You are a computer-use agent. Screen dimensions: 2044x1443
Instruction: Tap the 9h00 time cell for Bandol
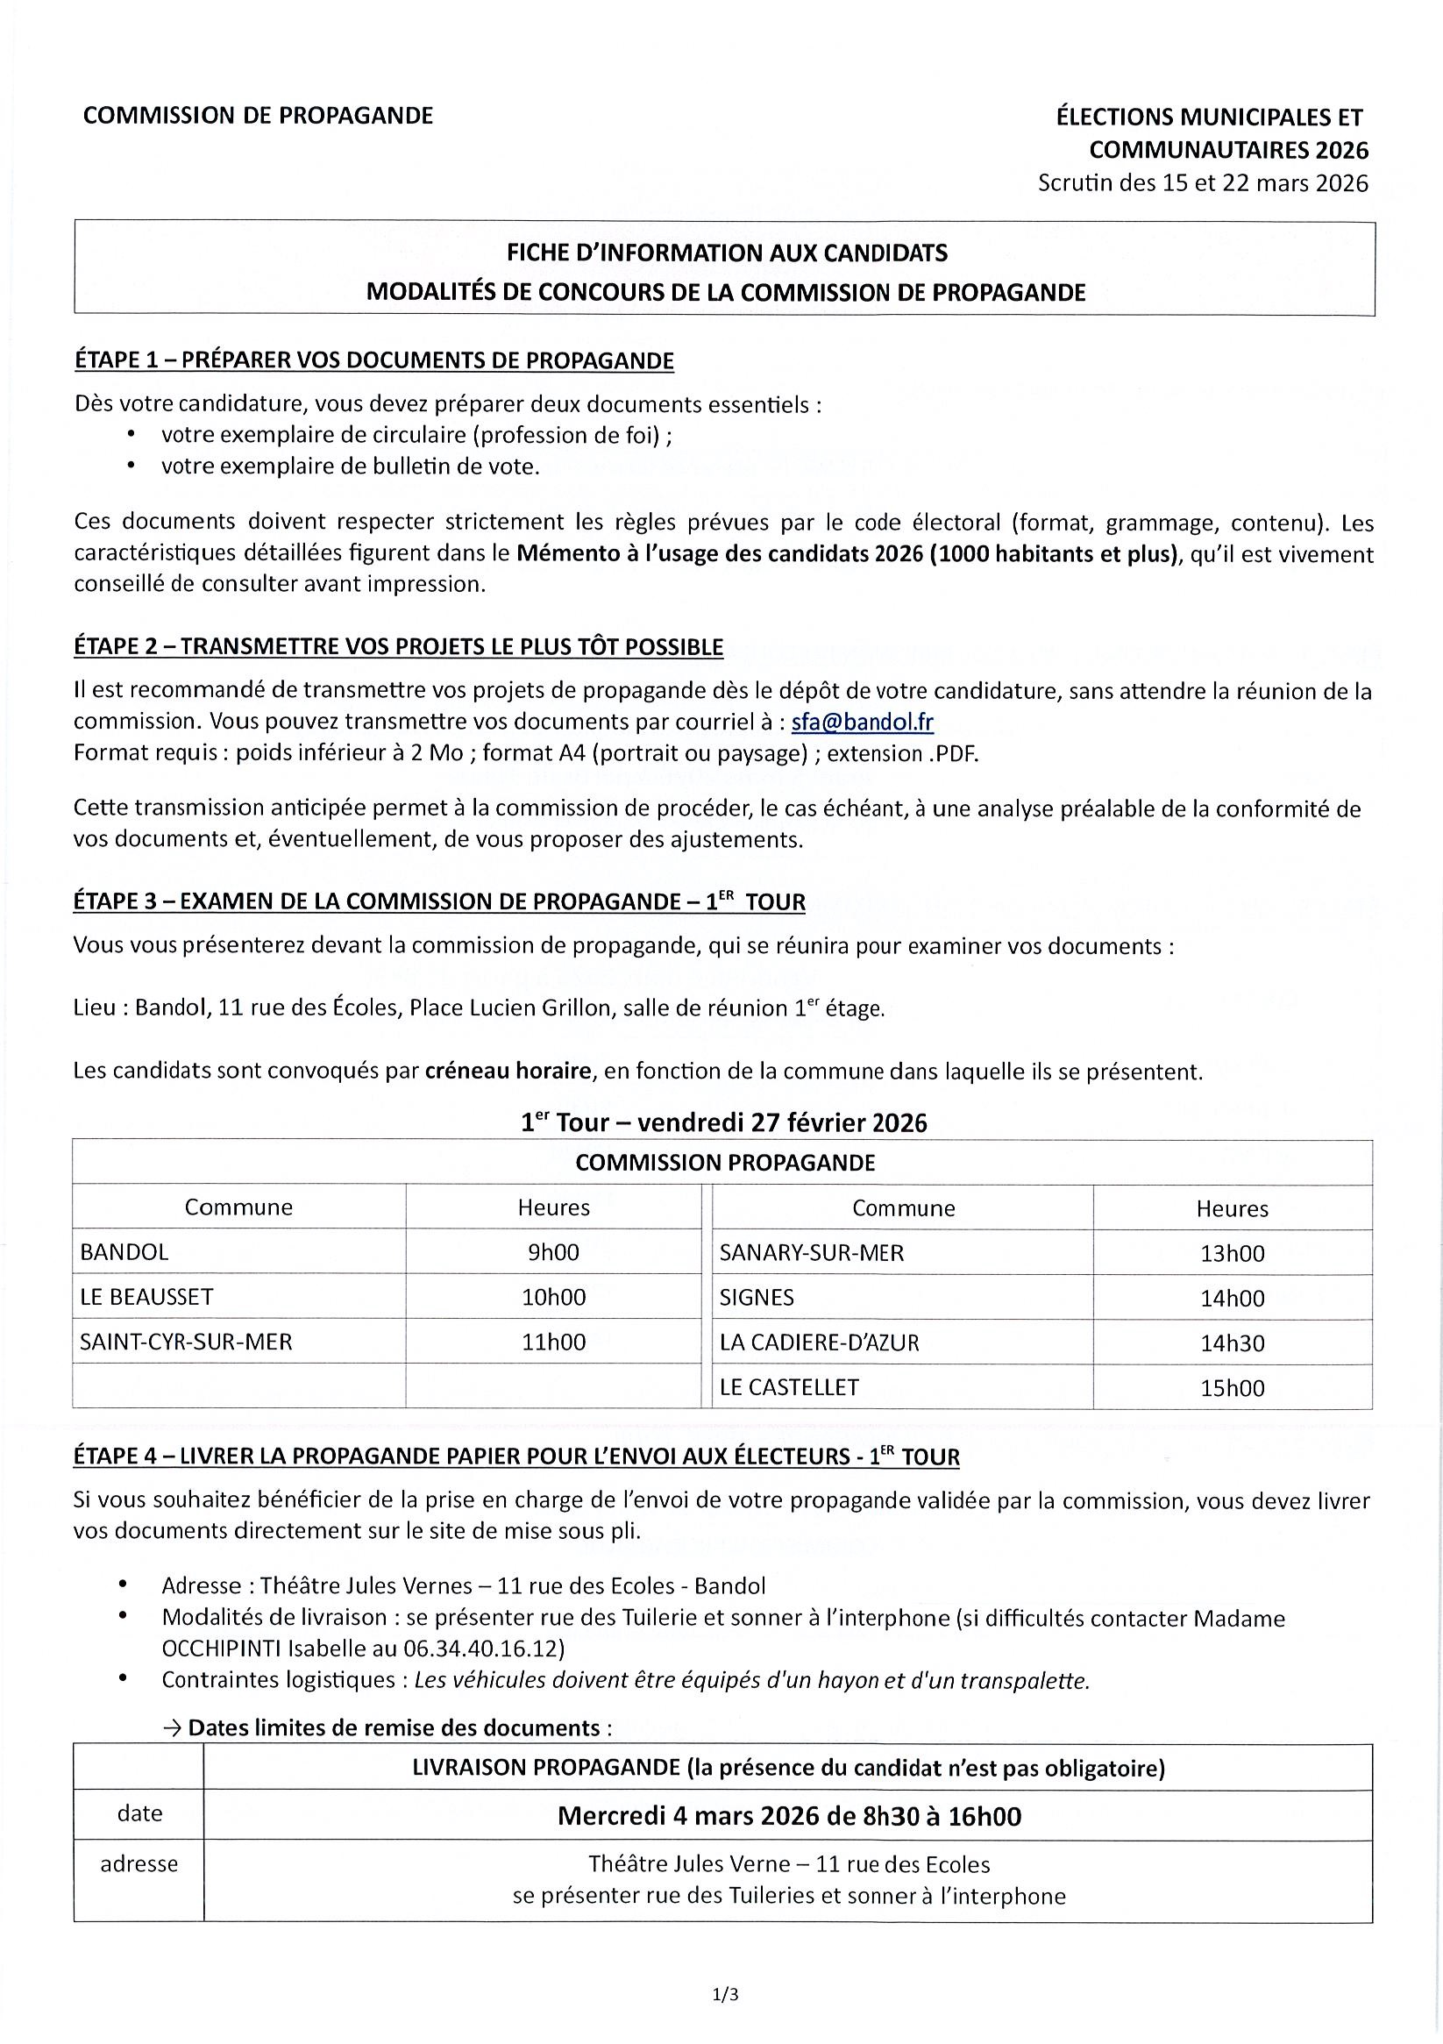point(553,1251)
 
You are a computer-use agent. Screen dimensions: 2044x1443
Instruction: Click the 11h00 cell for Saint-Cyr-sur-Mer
point(553,1342)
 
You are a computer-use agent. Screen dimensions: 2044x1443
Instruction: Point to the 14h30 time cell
point(1231,1342)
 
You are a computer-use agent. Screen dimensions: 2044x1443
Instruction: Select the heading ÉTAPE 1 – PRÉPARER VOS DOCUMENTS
point(373,360)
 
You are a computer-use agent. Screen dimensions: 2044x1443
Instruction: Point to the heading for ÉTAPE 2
point(398,647)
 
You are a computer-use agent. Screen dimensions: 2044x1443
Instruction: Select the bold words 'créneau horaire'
point(508,1071)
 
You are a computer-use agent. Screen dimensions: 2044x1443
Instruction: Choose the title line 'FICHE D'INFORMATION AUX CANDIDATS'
point(727,253)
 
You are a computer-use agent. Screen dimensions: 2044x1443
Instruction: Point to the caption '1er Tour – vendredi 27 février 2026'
point(724,1122)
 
